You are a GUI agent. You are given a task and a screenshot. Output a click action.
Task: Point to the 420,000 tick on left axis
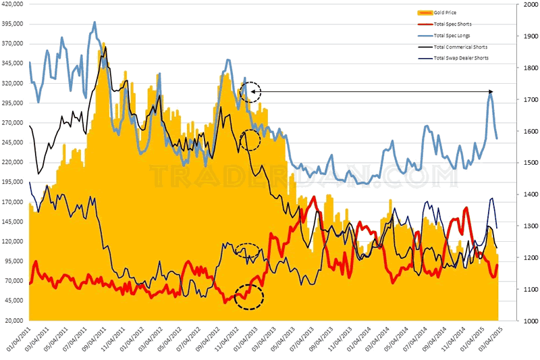(14, 4)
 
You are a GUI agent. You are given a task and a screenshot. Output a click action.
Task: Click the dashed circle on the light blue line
(251, 91)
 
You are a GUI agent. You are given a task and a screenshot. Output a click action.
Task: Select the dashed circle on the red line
(248, 297)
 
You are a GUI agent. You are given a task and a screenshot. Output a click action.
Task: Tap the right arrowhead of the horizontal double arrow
(491, 91)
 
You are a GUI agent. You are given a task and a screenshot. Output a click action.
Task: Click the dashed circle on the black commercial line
(250, 140)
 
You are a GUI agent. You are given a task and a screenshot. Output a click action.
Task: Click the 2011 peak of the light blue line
(94, 22)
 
